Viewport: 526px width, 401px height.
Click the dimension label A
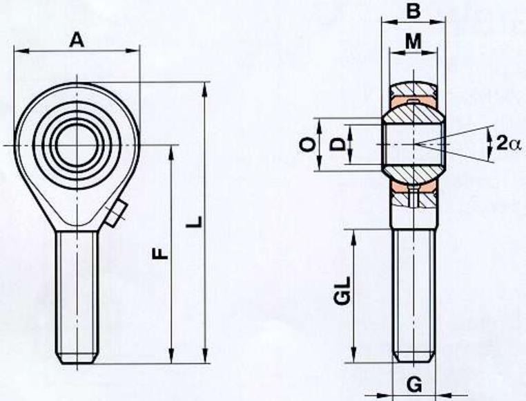pyautogui.click(x=77, y=40)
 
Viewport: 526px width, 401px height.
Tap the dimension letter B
pyautogui.click(x=413, y=11)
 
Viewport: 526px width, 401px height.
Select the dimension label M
pyautogui.click(x=413, y=41)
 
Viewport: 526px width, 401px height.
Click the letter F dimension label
pyautogui.click(x=160, y=254)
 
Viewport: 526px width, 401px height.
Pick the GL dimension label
pyautogui.click(x=342, y=290)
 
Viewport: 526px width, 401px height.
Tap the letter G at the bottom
pyautogui.click(x=415, y=384)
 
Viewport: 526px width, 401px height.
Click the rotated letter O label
pyautogui.click(x=307, y=145)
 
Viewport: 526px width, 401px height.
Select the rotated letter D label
pyautogui.click(x=338, y=144)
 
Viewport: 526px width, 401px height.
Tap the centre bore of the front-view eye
pyautogui.click(x=77, y=145)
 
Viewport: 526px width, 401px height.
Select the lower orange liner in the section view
pyautogui.click(x=414, y=188)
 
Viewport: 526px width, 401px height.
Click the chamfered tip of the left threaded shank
pyautogui.click(x=77, y=358)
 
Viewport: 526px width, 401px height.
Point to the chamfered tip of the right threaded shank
pyautogui.click(x=414, y=357)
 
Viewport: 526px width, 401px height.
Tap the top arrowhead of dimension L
pyautogui.click(x=205, y=90)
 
